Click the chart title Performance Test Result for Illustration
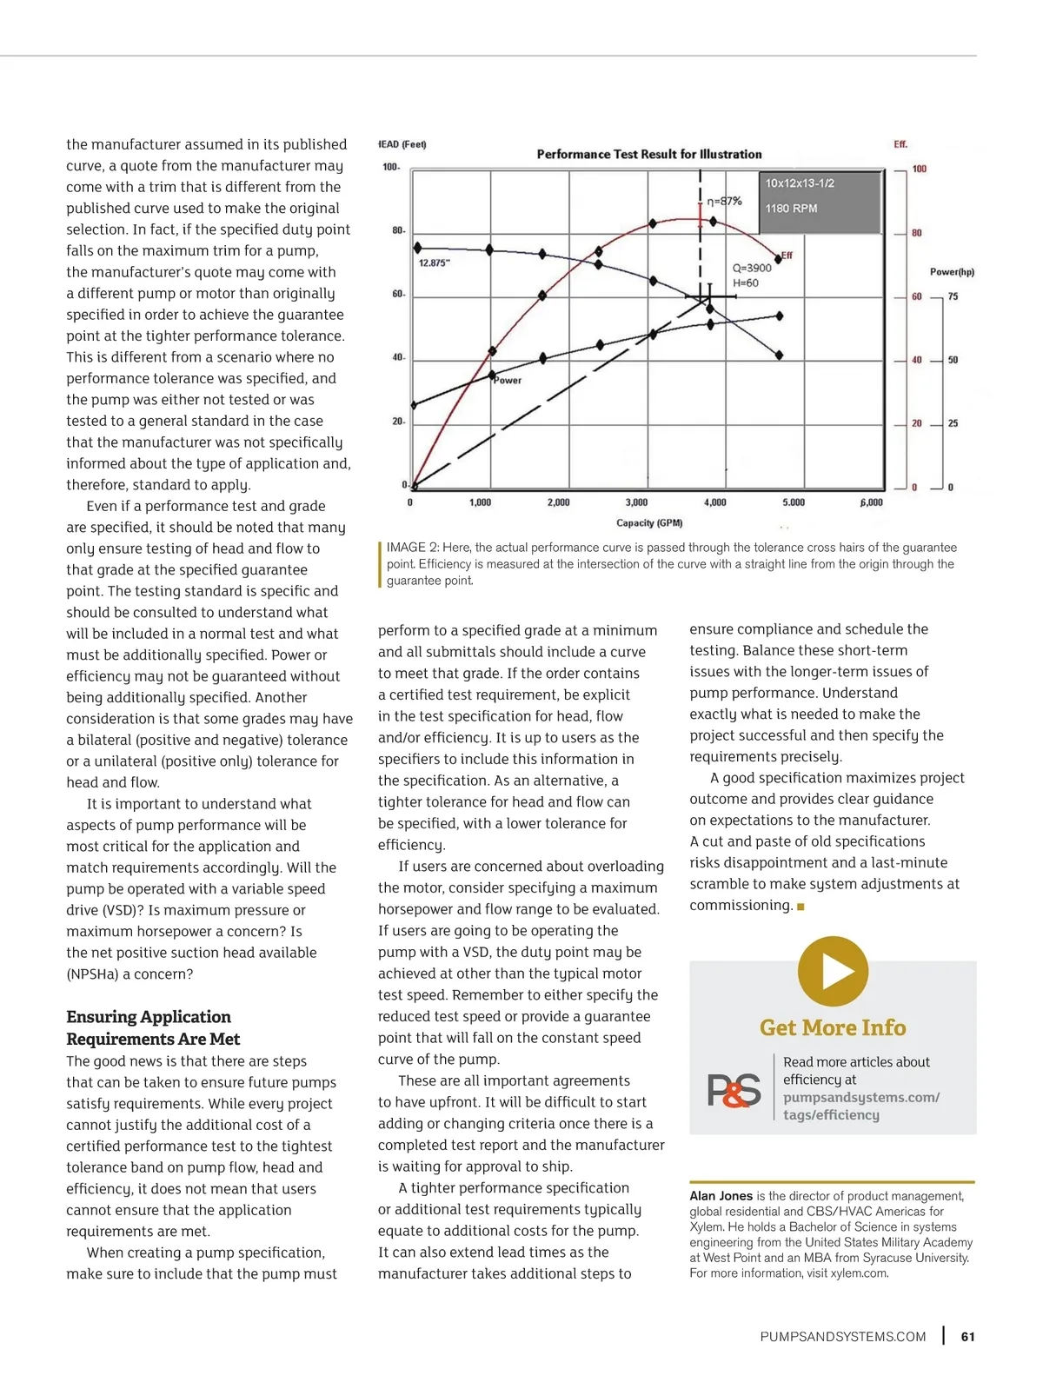pyautogui.click(x=648, y=155)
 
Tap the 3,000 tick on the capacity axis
pyautogui.click(x=636, y=502)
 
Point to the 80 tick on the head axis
pyautogui.click(x=397, y=231)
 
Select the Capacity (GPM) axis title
pyautogui.click(x=648, y=523)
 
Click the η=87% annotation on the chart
pyautogui.click(x=724, y=201)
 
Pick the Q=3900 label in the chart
pyautogui.click(x=752, y=268)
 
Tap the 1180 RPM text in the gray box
pyautogui.click(x=791, y=209)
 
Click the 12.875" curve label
pyautogui.click(x=435, y=263)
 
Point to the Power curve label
pyautogui.click(x=508, y=381)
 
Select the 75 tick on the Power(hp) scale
pyautogui.click(x=953, y=296)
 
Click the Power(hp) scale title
pyautogui.click(x=952, y=272)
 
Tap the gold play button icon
pyautogui.click(x=833, y=971)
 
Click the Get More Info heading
pyautogui.click(x=833, y=1027)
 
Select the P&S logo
pyautogui.click(x=734, y=1090)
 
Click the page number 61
pyautogui.click(x=967, y=1337)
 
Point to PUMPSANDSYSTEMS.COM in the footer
pyautogui.click(x=842, y=1337)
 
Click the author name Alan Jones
pyautogui.click(x=721, y=1196)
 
